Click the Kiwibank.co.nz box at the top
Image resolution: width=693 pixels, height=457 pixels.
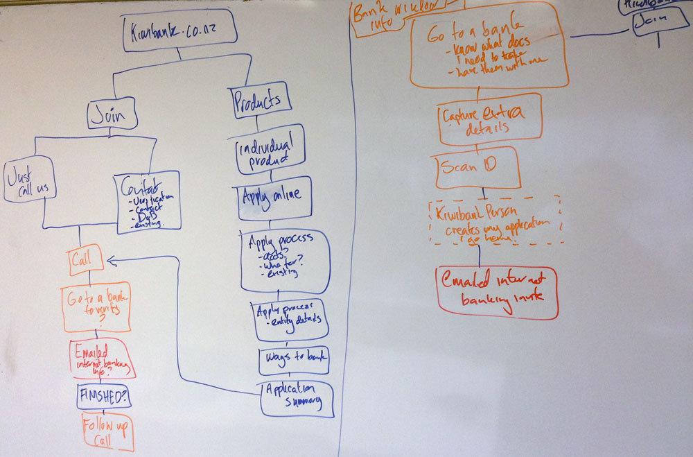179,31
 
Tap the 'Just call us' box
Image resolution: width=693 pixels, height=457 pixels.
28,179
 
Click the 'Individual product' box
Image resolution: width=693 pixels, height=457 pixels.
269,149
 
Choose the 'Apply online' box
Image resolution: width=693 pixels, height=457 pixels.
273,196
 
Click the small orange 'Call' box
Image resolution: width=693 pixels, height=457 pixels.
85,261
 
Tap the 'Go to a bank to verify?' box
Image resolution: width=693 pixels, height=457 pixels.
96,307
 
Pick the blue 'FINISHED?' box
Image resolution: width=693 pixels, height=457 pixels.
104,397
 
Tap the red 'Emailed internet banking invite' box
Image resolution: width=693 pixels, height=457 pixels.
498,292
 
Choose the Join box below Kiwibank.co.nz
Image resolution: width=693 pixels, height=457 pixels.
112,114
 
